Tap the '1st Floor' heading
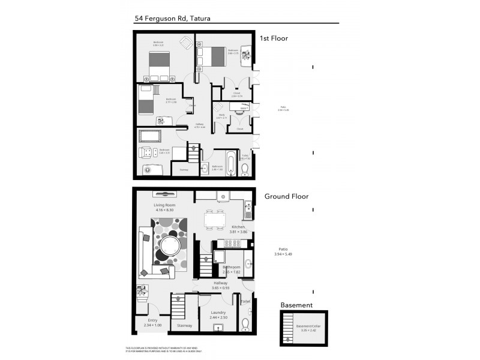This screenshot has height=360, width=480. coord(274,38)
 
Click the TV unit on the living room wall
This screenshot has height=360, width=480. coord(164,193)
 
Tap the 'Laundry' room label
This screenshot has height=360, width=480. coord(218,313)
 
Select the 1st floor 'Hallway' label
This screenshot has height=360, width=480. coord(200,124)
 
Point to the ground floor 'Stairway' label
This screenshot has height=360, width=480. coord(184,326)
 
